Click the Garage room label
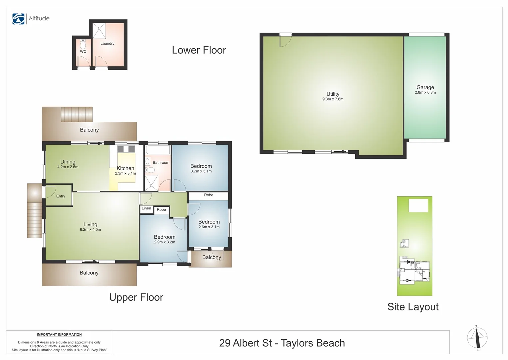(x=425, y=87)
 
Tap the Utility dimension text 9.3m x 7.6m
(x=333, y=99)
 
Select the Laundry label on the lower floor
(x=107, y=44)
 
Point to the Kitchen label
(x=125, y=168)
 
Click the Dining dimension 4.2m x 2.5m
(x=68, y=167)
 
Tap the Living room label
(x=90, y=224)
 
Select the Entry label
(x=61, y=196)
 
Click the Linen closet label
(x=146, y=208)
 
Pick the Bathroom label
(x=161, y=163)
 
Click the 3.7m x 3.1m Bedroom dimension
(x=201, y=171)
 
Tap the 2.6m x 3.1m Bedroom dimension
(x=209, y=227)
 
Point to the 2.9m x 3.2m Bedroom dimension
(x=165, y=242)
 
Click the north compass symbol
(x=477, y=338)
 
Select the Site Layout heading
(x=413, y=307)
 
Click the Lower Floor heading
(x=199, y=50)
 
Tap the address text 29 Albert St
(x=246, y=343)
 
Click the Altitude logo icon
(x=18, y=19)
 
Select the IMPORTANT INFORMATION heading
(x=59, y=335)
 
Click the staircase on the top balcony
(x=77, y=114)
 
